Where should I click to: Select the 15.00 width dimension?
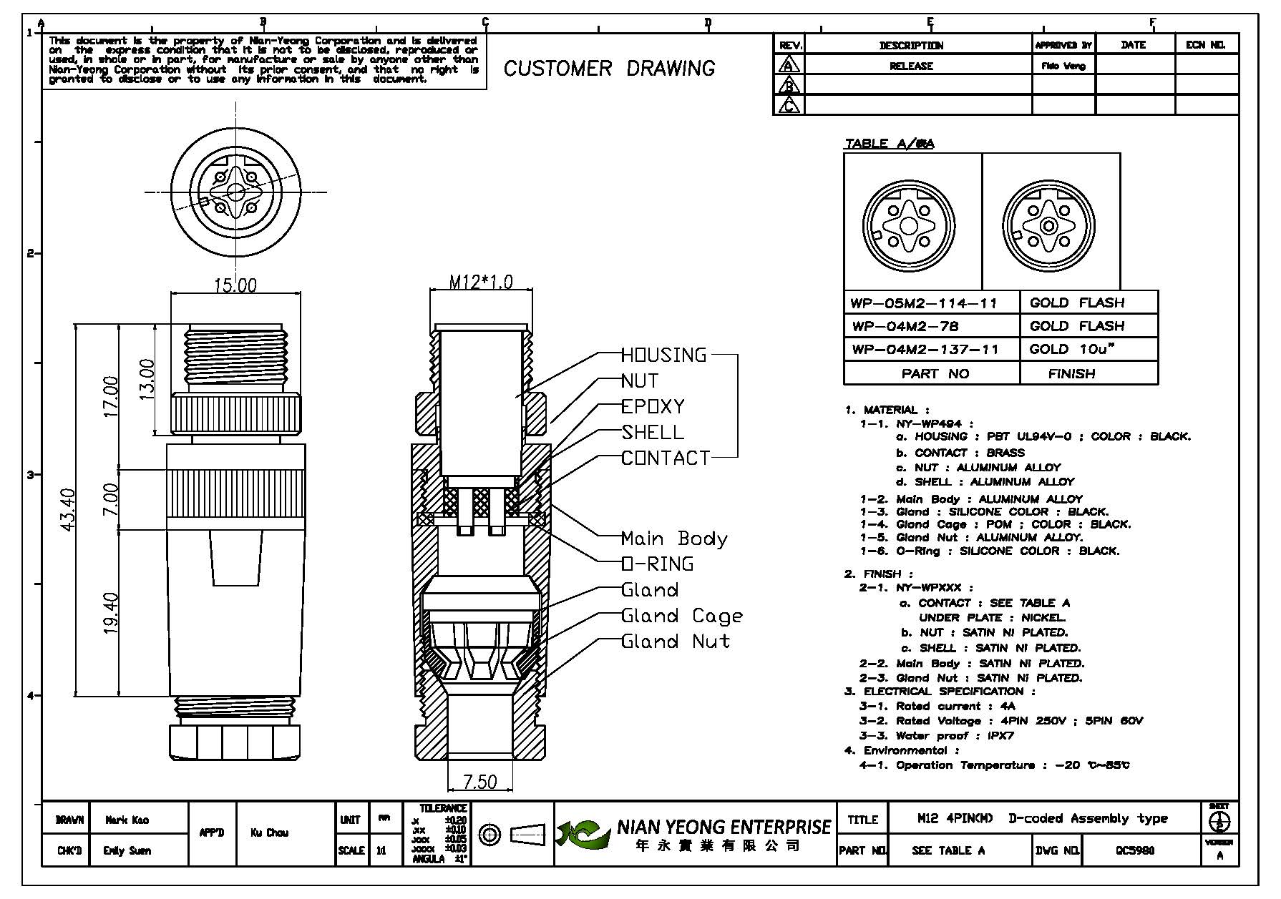click(235, 285)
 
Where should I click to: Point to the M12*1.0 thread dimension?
click(481, 282)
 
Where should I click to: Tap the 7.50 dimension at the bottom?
click(479, 781)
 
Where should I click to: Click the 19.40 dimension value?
click(111, 612)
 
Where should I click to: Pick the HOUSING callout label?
click(663, 355)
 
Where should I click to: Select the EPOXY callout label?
click(653, 406)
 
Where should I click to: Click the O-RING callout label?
click(657, 564)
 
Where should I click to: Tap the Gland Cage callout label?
click(682, 616)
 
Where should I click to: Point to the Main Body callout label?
click(674, 539)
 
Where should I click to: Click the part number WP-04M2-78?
click(905, 326)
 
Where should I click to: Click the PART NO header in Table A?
click(935, 373)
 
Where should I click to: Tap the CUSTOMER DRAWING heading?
click(609, 69)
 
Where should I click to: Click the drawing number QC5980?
click(1135, 850)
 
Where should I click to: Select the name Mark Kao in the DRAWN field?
click(127, 820)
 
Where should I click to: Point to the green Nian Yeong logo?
click(583, 833)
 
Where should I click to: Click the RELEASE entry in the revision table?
click(911, 66)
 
